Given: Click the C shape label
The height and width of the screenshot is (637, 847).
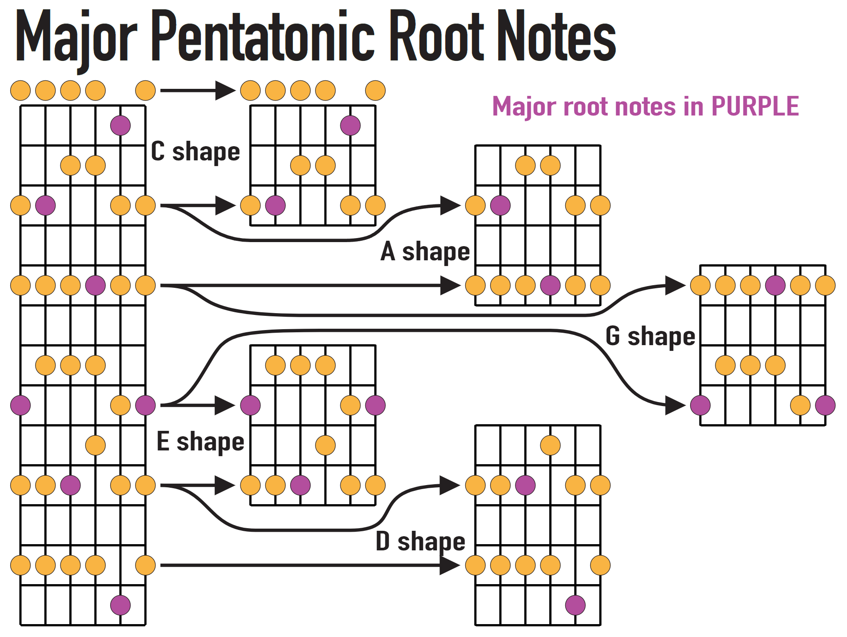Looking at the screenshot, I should [x=196, y=152].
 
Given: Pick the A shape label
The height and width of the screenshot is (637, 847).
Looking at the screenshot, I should [x=425, y=251].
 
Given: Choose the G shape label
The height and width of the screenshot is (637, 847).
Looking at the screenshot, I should [x=650, y=336].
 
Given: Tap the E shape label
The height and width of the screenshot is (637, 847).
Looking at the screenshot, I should [x=200, y=442].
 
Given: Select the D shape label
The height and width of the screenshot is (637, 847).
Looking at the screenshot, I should [x=420, y=541].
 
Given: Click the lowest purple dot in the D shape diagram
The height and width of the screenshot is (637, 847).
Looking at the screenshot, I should [x=575, y=605].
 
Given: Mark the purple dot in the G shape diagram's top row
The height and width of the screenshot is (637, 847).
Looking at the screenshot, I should [x=775, y=285].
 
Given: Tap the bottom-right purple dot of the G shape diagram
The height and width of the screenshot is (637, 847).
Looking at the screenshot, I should [x=825, y=405].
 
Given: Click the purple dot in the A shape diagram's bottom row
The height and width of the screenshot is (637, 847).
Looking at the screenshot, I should [x=550, y=285].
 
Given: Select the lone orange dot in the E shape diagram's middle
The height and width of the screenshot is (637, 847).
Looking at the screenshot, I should [x=325, y=445].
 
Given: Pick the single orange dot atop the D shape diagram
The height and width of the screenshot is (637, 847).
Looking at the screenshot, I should [x=550, y=445].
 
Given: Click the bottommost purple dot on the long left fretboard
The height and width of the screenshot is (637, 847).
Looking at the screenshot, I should [x=120, y=605].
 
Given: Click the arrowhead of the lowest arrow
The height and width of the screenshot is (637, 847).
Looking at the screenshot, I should [x=450, y=565].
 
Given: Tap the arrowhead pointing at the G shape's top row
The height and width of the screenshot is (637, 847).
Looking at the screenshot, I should [x=675, y=285].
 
